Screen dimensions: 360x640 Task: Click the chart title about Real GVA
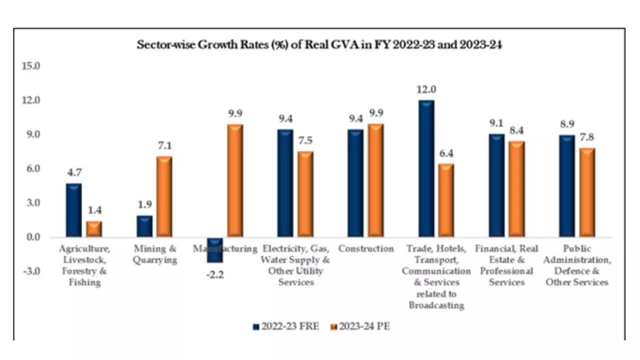319,44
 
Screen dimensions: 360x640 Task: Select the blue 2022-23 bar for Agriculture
73,210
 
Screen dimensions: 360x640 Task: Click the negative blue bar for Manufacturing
215,249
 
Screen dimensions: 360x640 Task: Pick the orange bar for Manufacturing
235,180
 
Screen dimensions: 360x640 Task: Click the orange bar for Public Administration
587,192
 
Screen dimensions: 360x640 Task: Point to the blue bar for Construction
355,183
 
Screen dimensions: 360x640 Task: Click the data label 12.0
426,89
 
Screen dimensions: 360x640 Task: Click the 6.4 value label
446,153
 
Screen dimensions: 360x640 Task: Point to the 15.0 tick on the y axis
30,66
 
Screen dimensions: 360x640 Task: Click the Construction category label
366,248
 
